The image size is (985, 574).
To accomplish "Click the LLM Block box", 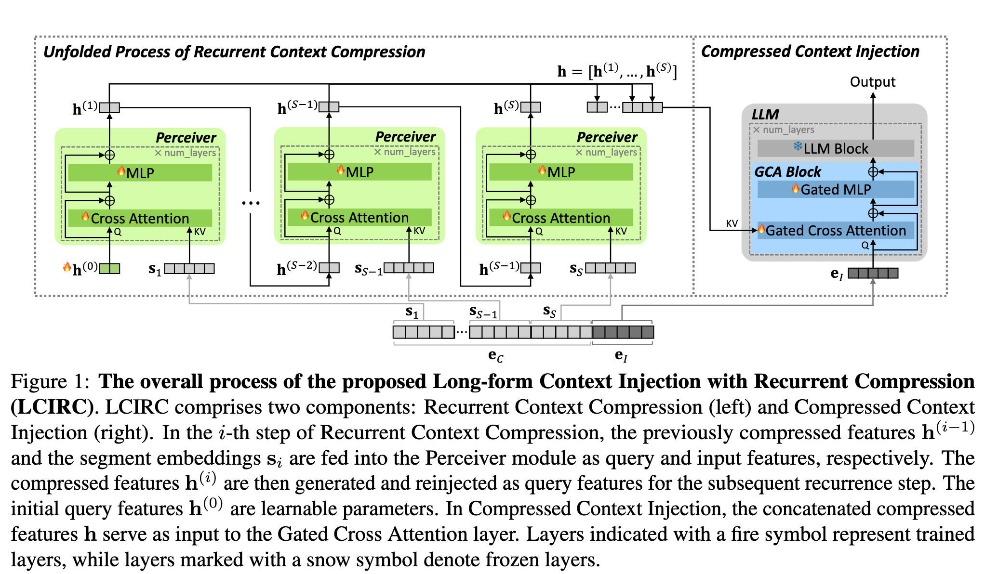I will point(836,148).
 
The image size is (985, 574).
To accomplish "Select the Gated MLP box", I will point(836,189).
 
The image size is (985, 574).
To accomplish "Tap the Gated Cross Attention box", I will point(836,231).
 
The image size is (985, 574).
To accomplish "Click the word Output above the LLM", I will point(872,82).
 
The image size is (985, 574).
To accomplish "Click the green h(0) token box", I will point(110,268).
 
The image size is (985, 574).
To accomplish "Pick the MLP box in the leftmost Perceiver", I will point(140,173).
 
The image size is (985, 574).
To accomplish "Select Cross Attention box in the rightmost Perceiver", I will point(561,218).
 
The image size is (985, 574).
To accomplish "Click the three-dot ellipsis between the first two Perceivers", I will point(251,203).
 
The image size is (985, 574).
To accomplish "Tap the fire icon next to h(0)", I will point(67,266).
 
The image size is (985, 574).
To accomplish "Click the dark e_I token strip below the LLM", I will point(873,273).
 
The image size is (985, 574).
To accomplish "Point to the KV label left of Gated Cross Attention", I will point(732,223).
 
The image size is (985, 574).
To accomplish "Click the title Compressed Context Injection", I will point(810,52).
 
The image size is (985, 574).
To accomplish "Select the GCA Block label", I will point(787,172).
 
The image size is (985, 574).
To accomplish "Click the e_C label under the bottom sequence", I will point(495,356).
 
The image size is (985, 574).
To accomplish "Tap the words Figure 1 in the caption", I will point(50,381).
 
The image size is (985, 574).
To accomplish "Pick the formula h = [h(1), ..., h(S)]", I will point(617,71).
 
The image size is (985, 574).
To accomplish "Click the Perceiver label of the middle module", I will point(405,137).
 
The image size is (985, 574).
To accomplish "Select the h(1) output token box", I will point(110,107).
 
